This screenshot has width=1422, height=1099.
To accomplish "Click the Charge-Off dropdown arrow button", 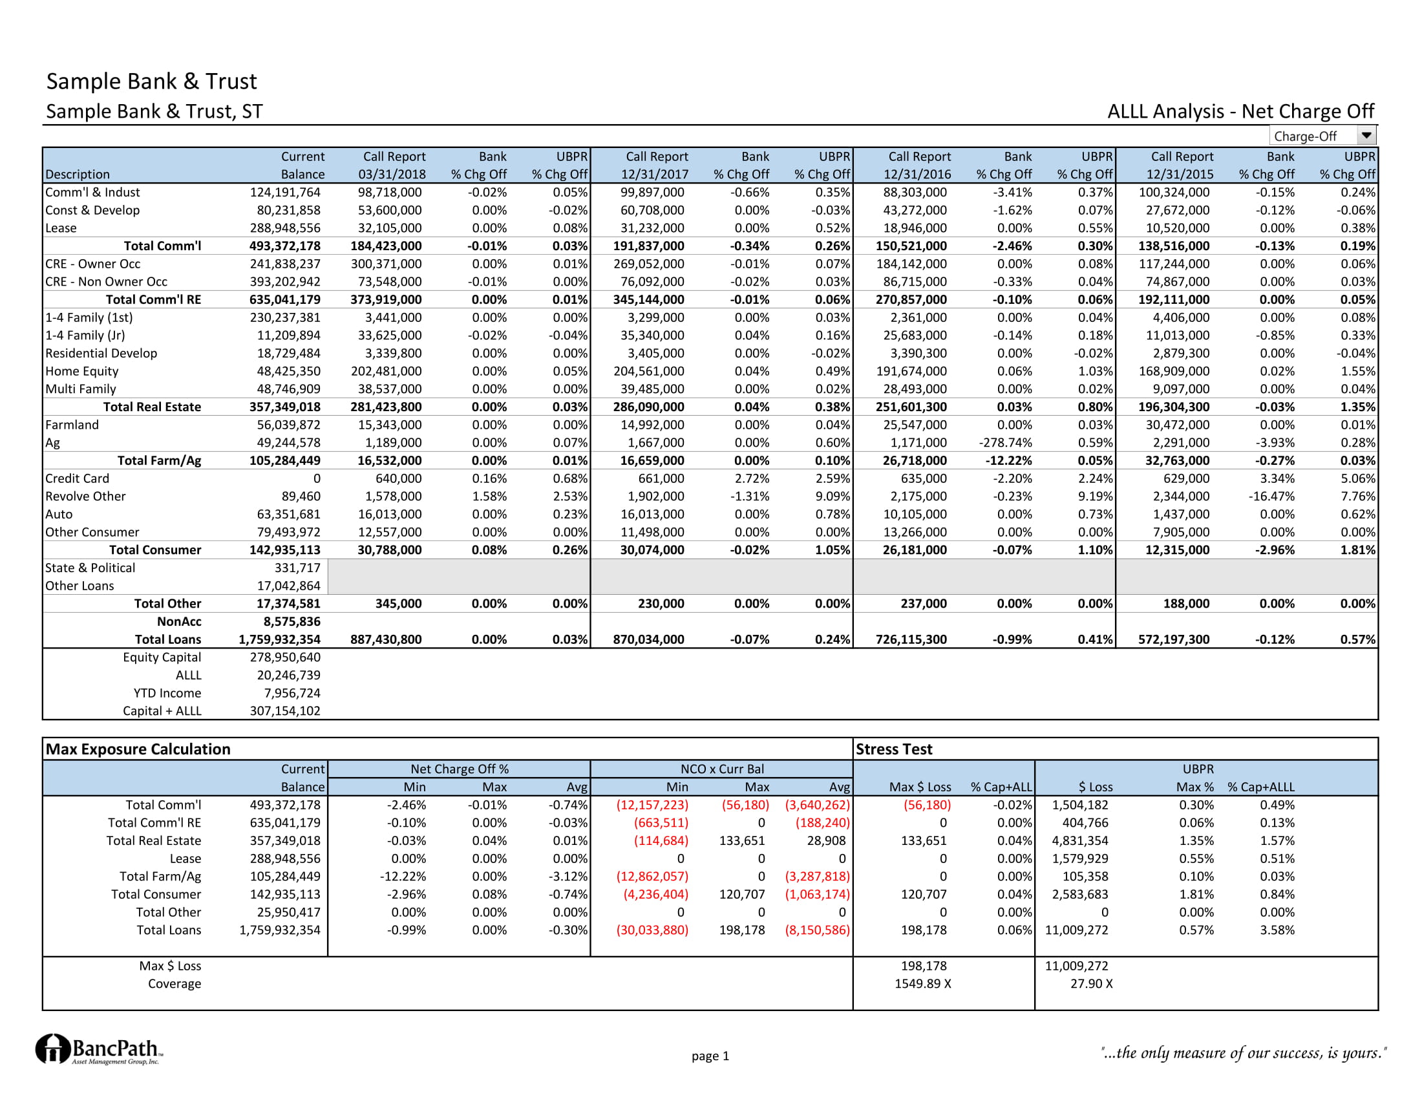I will pos(1366,135).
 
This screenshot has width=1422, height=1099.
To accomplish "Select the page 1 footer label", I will pos(710,1056).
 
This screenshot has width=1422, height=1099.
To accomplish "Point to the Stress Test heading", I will pos(893,749).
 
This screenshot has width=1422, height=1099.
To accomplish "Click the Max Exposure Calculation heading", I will pos(138,749).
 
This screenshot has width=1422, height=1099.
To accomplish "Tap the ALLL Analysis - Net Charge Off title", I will pos(1240,111).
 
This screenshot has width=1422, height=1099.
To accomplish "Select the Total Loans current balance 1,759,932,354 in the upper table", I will pos(279,639).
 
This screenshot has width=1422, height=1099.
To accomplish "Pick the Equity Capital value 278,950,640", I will pos(284,657).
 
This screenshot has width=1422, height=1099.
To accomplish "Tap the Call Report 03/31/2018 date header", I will pos(392,175).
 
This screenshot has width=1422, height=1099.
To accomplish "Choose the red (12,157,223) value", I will pos(652,805).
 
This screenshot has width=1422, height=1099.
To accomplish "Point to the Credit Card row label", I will pos(77,478).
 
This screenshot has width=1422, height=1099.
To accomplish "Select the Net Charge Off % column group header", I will pos(459,769).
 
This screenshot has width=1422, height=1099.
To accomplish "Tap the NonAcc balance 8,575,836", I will pos(292,621).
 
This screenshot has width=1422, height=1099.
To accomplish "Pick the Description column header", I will pos(78,175).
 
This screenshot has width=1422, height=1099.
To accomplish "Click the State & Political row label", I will pos(90,568).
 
